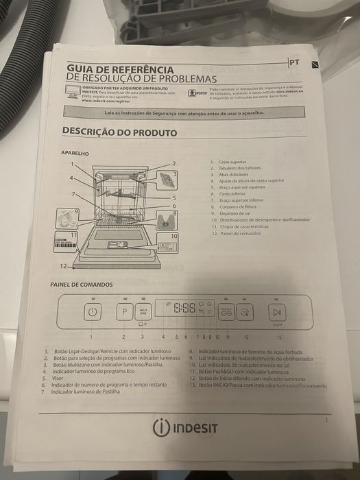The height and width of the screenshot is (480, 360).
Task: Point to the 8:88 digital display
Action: (x=184, y=309)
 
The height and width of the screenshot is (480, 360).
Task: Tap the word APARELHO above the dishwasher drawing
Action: (x=75, y=154)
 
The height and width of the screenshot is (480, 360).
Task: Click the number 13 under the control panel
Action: (x=278, y=337)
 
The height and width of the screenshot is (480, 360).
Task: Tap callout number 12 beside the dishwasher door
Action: (x=62, y=265)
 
